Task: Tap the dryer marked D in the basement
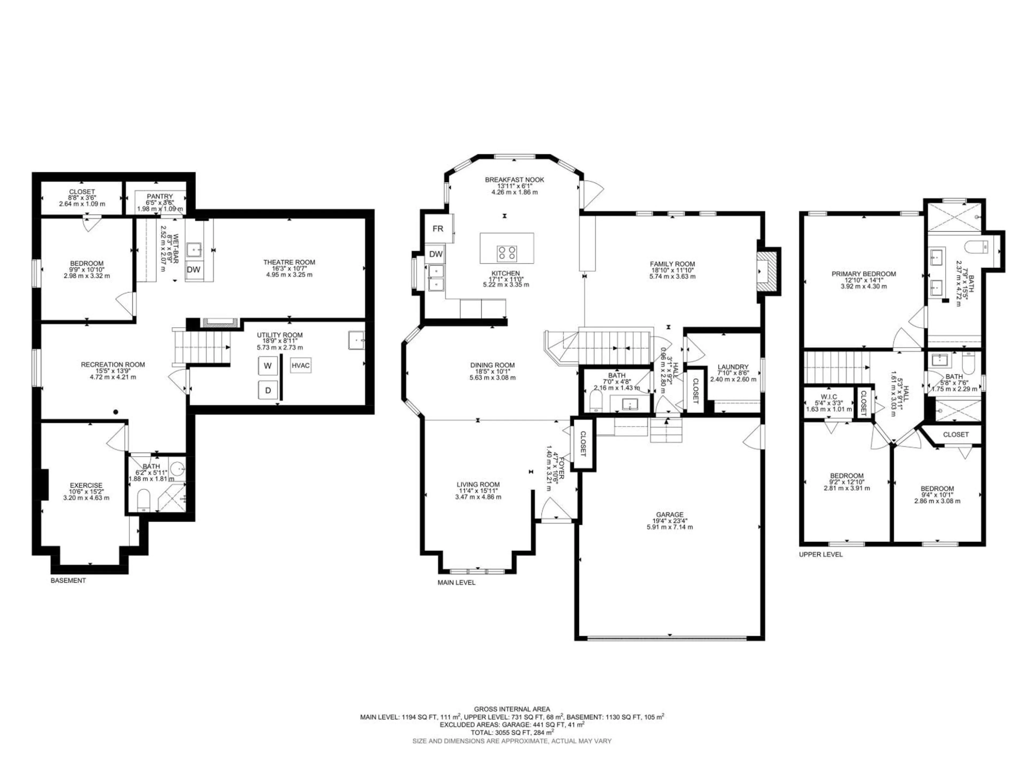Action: click(268, 390)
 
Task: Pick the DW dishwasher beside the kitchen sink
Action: click(436, 254)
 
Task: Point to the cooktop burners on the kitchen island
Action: click(507, 253)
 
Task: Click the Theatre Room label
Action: click(289, 262)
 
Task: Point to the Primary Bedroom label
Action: click(863, 274)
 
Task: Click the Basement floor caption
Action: click(68, 580)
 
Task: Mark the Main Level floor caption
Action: click(456, 582)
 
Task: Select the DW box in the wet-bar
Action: click(193, 269)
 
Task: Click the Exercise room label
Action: click(86, 486)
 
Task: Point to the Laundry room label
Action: click(733, 367)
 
